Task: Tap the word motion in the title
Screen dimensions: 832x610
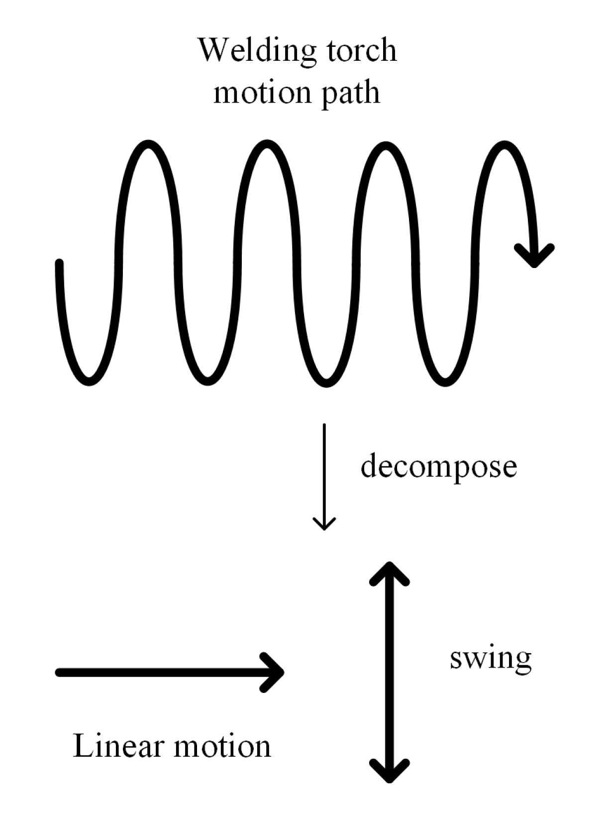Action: click(x=262, y=93)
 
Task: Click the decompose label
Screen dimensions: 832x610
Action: click(x=438, y=467)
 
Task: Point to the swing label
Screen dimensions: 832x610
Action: click(x=491, y=659)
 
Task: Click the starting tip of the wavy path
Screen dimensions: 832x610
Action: click(x=59, y=263)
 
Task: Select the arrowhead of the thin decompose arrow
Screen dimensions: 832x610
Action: click(x=324, y=525)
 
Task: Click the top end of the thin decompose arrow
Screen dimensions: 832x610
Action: click(x=324, y=425)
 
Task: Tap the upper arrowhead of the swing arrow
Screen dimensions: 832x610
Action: click(x=389, y=571)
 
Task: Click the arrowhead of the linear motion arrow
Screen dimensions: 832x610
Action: click(x=275, y=672)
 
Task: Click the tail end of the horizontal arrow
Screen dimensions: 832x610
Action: click(x=59, y=673)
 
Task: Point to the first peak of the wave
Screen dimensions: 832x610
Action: click(x=148, y=144)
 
